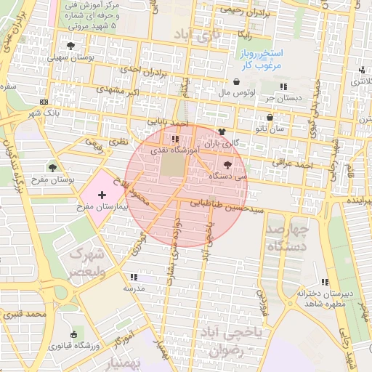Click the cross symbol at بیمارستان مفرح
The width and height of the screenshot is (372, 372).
tap(101, 195)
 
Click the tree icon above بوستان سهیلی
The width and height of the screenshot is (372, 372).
tap(70, 46)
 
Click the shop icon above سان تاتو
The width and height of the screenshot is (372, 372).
tap(270, 117)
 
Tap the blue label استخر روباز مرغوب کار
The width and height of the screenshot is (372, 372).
tap(262, 60)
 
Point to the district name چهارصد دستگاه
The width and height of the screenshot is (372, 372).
tap(288, 238)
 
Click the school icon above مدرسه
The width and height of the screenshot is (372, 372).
tap(132, 277)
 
